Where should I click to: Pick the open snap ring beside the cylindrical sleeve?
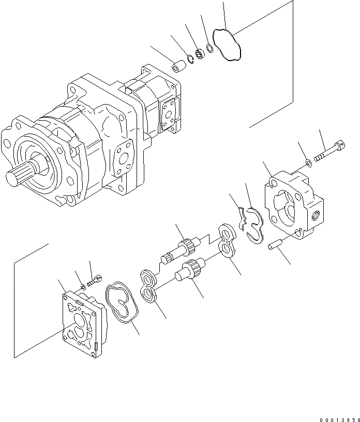click(190, 60)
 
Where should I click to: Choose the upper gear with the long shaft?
click(181, 250)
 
